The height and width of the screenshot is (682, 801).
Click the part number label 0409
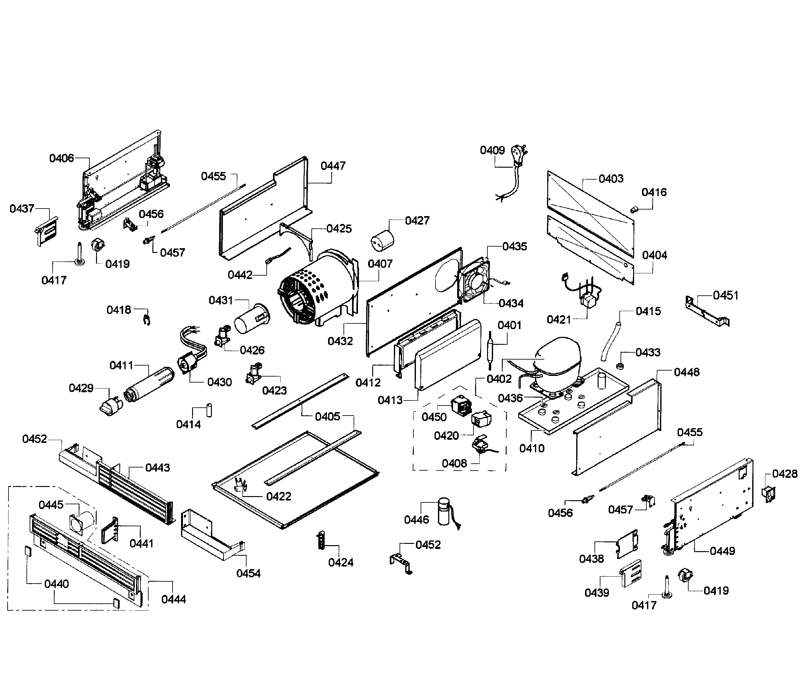pyautogui.click(x=492, y=150)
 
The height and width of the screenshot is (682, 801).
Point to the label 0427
pyautogui.click(x=417, y=221)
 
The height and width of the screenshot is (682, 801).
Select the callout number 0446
pyautogui.click(x=416, y=520)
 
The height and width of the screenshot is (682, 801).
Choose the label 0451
pyautogui.click(x=726, y=295)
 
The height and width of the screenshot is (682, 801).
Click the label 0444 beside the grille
pyautogui.click(x=173, y=599)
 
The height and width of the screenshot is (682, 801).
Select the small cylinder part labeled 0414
pyautogui.click(x=209, y=410)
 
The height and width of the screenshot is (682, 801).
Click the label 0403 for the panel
pyautogui.click(x=611, y=179)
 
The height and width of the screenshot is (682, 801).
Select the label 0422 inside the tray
pyautogui.click(x=278, y=496)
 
